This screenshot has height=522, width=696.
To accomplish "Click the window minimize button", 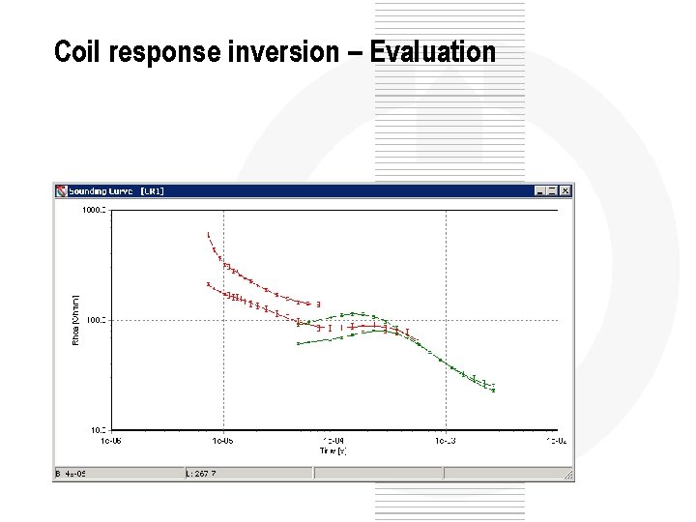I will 539,191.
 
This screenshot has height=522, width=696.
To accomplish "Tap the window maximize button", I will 552,191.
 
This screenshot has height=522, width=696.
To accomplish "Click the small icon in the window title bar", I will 60,191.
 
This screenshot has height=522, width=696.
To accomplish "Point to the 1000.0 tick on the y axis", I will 93,210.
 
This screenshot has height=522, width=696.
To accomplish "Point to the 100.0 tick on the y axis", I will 95,320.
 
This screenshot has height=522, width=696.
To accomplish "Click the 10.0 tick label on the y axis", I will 97,429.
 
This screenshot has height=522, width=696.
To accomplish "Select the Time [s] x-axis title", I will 333,450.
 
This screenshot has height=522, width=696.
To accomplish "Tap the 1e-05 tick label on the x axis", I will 223,441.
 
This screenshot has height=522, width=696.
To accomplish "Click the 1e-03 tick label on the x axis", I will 445,441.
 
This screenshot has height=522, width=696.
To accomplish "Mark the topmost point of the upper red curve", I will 208,234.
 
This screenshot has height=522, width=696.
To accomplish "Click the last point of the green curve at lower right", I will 493,391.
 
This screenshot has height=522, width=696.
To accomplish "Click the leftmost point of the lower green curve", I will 298,343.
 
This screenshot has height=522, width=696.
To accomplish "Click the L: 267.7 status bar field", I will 202,474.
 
